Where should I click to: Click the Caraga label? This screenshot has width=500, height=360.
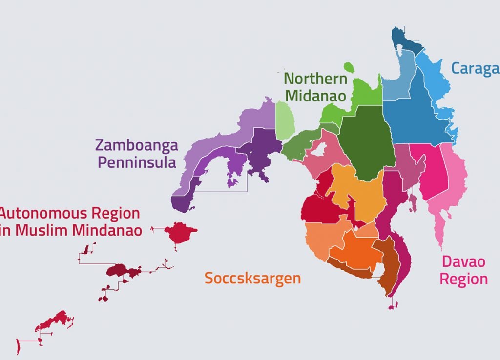pyautogui.click(x=475, y=68)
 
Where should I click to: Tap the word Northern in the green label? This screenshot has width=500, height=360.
pyautogui.click(x=315, y=79)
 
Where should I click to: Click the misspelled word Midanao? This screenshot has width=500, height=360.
pyautogui.click(x=315, y=96)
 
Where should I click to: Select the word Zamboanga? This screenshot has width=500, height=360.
pyautogui.click(x=136, y=145)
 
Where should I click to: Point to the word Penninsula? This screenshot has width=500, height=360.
pyautogui.click(x=137, y=162)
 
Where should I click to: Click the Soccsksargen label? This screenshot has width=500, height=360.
pyautogui.click(x=252, y=279)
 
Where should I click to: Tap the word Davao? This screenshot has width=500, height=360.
pyautogui.click(x=463, y=262)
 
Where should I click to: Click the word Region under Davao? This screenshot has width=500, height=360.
pyautogui.click(x=463, y=279)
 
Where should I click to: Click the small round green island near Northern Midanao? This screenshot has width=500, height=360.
pyautogui.click(x=349, y=67)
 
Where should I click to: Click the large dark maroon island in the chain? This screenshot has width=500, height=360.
pyautogui.click(x=122, y=271)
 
